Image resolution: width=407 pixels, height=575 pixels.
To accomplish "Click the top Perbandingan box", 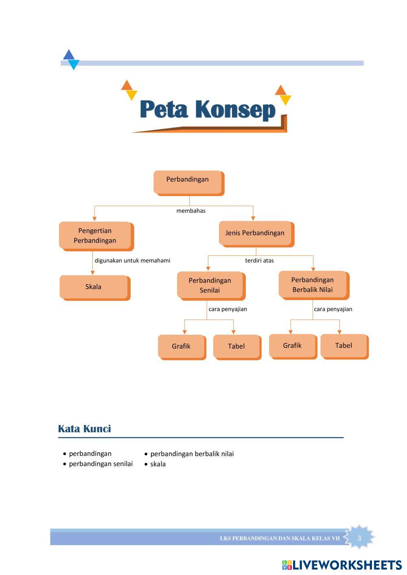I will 188,182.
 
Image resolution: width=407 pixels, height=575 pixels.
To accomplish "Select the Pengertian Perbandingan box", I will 95,235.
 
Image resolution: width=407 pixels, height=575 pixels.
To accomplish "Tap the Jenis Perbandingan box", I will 255,233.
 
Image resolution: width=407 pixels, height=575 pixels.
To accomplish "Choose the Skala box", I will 94,287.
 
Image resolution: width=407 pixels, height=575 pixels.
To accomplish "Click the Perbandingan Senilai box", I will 210,285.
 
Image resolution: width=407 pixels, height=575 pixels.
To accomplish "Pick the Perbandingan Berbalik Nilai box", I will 313,285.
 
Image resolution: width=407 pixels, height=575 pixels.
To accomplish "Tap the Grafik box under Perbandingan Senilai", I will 181,346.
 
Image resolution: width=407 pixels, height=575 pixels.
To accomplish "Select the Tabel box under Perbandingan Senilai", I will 236,346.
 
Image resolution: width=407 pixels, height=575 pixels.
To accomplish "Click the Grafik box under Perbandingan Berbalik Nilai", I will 292,346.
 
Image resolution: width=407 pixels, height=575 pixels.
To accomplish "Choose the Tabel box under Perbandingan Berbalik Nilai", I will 344,346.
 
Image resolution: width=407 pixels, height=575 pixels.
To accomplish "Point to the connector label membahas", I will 191,211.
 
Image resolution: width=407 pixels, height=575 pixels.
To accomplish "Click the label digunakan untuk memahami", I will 132,260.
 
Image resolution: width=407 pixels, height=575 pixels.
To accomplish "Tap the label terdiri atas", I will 259,260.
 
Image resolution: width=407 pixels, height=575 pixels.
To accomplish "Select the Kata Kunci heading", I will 84,429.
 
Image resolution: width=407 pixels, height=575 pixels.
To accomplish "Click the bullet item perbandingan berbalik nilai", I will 192,454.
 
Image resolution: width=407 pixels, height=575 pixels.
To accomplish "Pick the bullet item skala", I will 158,464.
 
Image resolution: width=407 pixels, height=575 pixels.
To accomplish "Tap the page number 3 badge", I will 359,538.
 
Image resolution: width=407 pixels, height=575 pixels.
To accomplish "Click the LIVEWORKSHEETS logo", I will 342,565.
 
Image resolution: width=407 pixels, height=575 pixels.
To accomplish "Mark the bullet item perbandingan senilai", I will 101,464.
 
